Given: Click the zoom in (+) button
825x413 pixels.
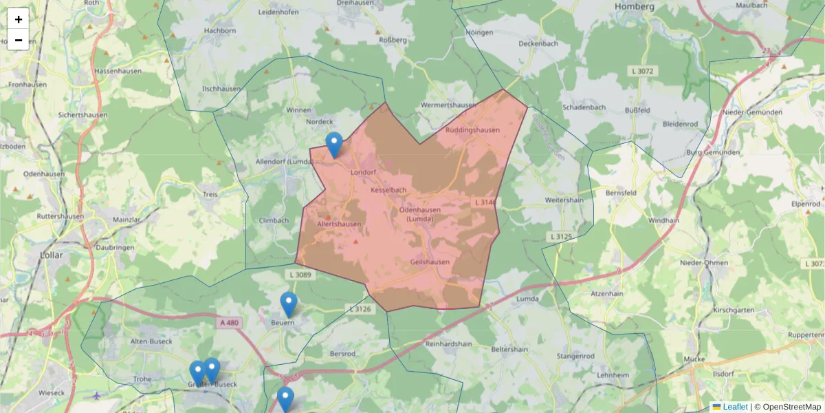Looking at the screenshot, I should pyautogui.click(x=19, y=19).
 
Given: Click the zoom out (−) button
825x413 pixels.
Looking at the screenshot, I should pyautogui.click(x=19, y=40).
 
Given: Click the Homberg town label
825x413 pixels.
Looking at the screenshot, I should pyautogui.click(x=635, y=7).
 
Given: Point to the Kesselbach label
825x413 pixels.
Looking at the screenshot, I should pyautogui.click(x=388, y=189).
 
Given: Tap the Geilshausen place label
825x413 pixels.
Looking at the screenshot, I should pyautogui.click(x=430, y=262).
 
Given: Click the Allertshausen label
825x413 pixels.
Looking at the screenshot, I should pyautogui.click(x=339, y=224).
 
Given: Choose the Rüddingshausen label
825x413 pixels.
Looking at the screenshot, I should pyautogui.click(x=472, y=129).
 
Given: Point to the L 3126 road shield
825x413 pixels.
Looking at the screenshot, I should pyautogui.click(x=360, y=309).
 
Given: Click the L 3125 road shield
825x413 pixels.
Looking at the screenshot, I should pyautogui.click(x=561, y=237).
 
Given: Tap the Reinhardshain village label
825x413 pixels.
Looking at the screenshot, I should pyautogui.click(x=448, y=343).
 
